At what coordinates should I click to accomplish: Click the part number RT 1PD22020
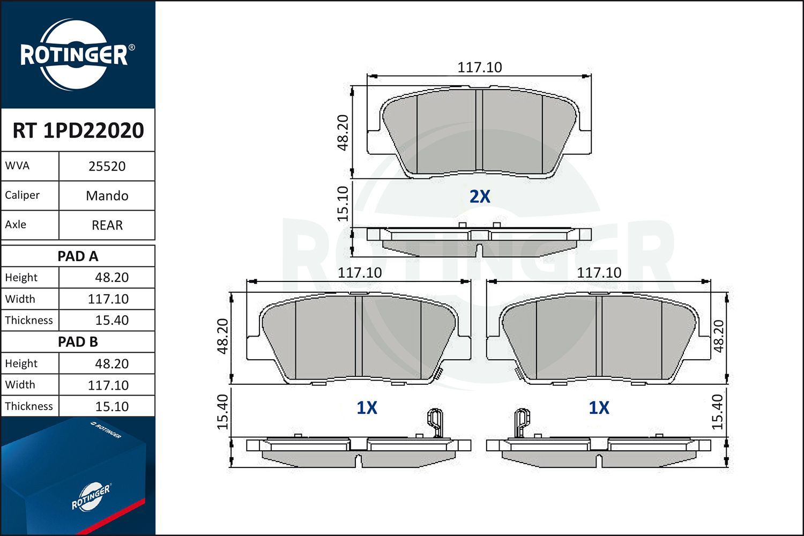pyautogui.click(x=78, y=131)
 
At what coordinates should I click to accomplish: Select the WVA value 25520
pyautogui.click(x=107, y=166)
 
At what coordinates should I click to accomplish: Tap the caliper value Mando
pyautogui.click(x=107, y=196)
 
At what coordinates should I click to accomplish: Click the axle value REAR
pyautogui.click(x=107, y=225)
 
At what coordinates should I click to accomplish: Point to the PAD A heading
pyautogui.click(x=78, y=256)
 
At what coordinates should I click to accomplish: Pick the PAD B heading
pyautogui.click(x=78, y=342)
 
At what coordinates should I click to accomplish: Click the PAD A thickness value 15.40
pyautogui.click(x=111, y=321)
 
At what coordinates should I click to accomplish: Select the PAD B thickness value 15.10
pyautogui.click(x=111, y=406)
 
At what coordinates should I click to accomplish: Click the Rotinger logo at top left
pyautogui.click(x=75, y=55)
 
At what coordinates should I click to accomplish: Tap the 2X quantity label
pyautogui.click(x=480, y=197)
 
